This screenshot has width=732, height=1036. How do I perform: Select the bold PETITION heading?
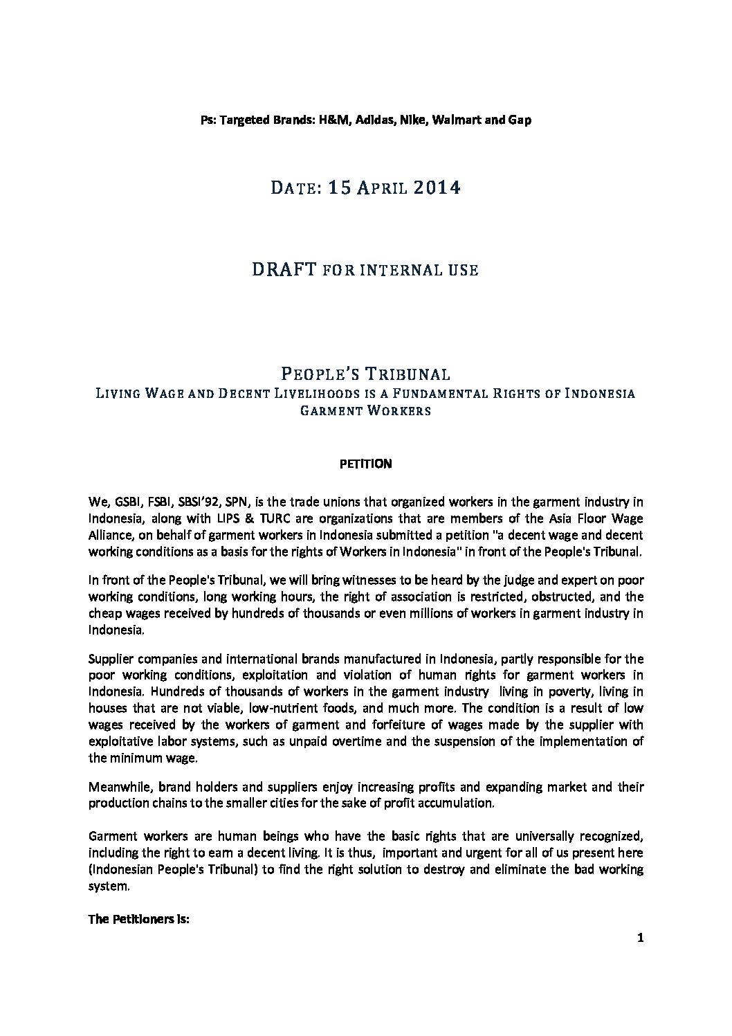(365, 464)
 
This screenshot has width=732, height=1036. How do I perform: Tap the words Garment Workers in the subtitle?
(365, 410)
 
